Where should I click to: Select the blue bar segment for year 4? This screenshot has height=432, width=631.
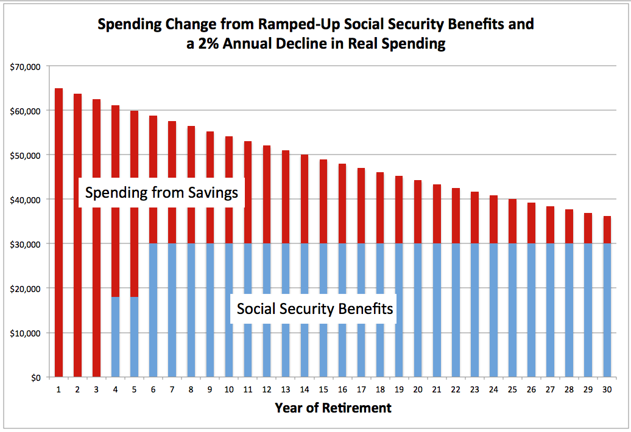point(116,337)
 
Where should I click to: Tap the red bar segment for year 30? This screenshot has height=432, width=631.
point(607,229)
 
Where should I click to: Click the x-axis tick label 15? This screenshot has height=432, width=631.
point(323,389)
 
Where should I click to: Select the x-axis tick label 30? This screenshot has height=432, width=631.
point(607,389)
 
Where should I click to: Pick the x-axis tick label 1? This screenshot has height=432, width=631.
point(59,389)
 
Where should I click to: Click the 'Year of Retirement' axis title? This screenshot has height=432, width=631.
point(333,408)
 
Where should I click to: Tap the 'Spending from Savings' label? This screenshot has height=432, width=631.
point(161,193)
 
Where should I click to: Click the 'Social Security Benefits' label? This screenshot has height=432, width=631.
point(315,308)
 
